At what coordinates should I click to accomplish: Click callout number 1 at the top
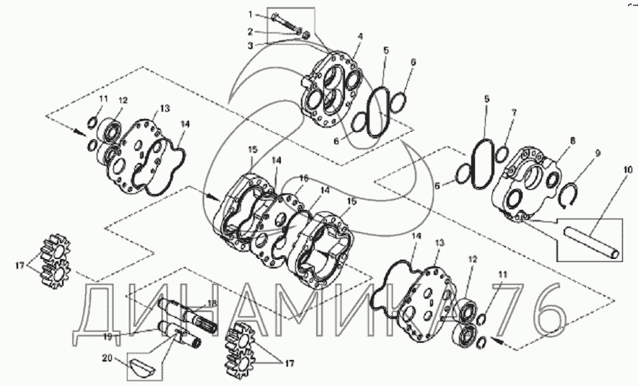point(251,14)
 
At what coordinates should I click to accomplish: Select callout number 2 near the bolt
point(251,31)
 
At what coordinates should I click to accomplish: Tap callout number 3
point(251,45)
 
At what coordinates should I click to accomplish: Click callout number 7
point(514,113)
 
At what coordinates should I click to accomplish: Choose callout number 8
point(572,141)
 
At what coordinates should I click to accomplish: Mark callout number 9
point(598,153)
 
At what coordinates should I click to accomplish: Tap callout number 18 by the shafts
point(212,304)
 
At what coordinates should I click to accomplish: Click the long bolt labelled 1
point(287,23)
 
